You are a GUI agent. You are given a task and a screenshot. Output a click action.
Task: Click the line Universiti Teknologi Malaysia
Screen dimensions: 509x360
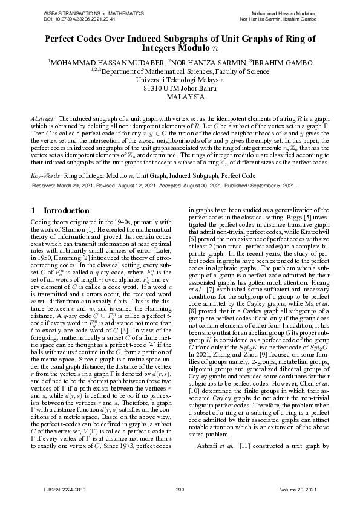coord(180,79)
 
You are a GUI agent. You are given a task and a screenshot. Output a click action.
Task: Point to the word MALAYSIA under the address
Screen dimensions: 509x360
coord(180,96)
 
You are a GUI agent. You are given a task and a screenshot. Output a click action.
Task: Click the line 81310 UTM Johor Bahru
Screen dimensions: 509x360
coord(180,88)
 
